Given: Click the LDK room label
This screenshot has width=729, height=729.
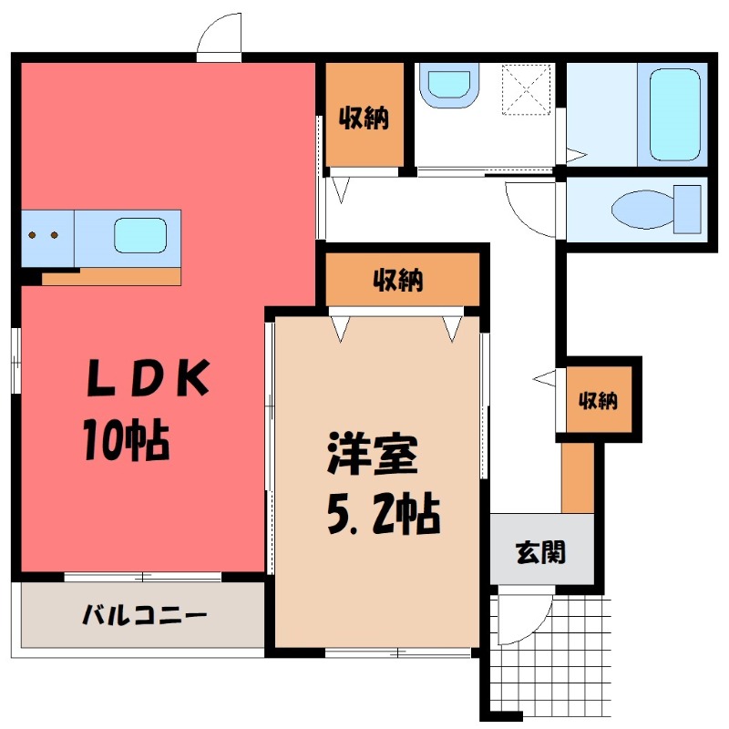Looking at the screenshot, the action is [x=148, y=378].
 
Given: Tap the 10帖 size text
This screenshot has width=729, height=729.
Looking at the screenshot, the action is [x=126, y=439].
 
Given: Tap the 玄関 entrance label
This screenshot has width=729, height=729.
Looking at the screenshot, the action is [x=541, y=552].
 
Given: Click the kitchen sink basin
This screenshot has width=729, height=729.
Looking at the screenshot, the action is [x=140, y=236].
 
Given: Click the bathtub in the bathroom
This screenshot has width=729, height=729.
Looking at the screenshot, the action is [x=674, y=115].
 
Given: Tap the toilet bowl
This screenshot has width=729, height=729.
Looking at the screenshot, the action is [x=643, y=210].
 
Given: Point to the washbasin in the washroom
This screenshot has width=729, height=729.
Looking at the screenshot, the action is [x=449, y=86].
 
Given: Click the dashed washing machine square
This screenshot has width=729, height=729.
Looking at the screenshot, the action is [x=527, y=89].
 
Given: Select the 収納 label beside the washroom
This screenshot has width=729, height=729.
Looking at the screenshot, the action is [x=364, y=118].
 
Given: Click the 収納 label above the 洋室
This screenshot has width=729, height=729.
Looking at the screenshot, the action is [x=398, y=280].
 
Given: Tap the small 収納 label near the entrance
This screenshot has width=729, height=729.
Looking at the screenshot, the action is [x=599, y=400].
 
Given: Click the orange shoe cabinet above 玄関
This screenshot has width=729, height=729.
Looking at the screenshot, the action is [x=578, y=478].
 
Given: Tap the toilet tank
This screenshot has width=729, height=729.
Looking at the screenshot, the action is [x=688, y=210].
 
